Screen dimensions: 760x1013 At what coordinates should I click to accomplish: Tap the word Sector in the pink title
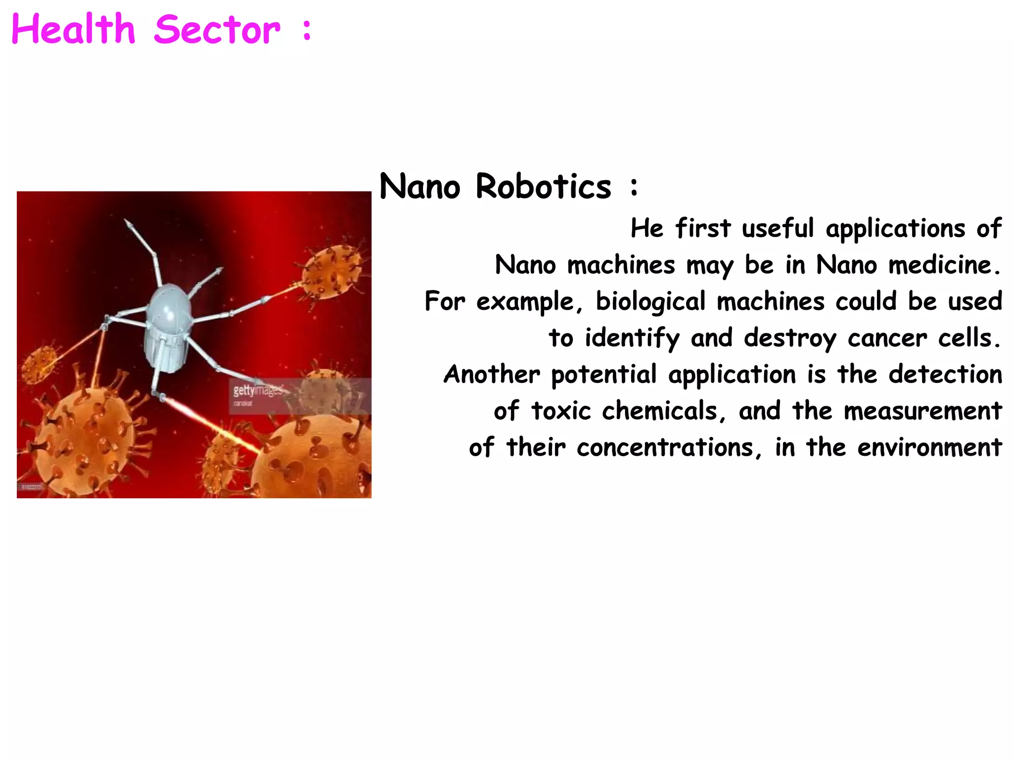pos(217,30)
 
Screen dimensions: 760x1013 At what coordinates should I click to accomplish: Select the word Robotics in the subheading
pos(543,187)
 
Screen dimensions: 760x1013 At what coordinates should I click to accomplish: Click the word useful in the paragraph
pos(778,229)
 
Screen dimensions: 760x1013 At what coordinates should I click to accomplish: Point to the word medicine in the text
pos(944,265)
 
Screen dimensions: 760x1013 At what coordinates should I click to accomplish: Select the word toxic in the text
pos(561,411)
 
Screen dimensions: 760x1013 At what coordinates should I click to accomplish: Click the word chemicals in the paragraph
pos(664,411)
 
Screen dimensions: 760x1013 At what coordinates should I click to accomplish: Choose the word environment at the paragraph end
pos(929,448)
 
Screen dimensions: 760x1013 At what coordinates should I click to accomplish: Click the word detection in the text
pos(945,375)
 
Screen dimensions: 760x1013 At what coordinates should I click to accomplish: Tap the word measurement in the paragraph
pos(922,411)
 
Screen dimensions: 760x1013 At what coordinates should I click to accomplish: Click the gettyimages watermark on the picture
pos(258,390)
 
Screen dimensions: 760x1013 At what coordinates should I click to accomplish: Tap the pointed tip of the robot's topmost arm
pos(128,223)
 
